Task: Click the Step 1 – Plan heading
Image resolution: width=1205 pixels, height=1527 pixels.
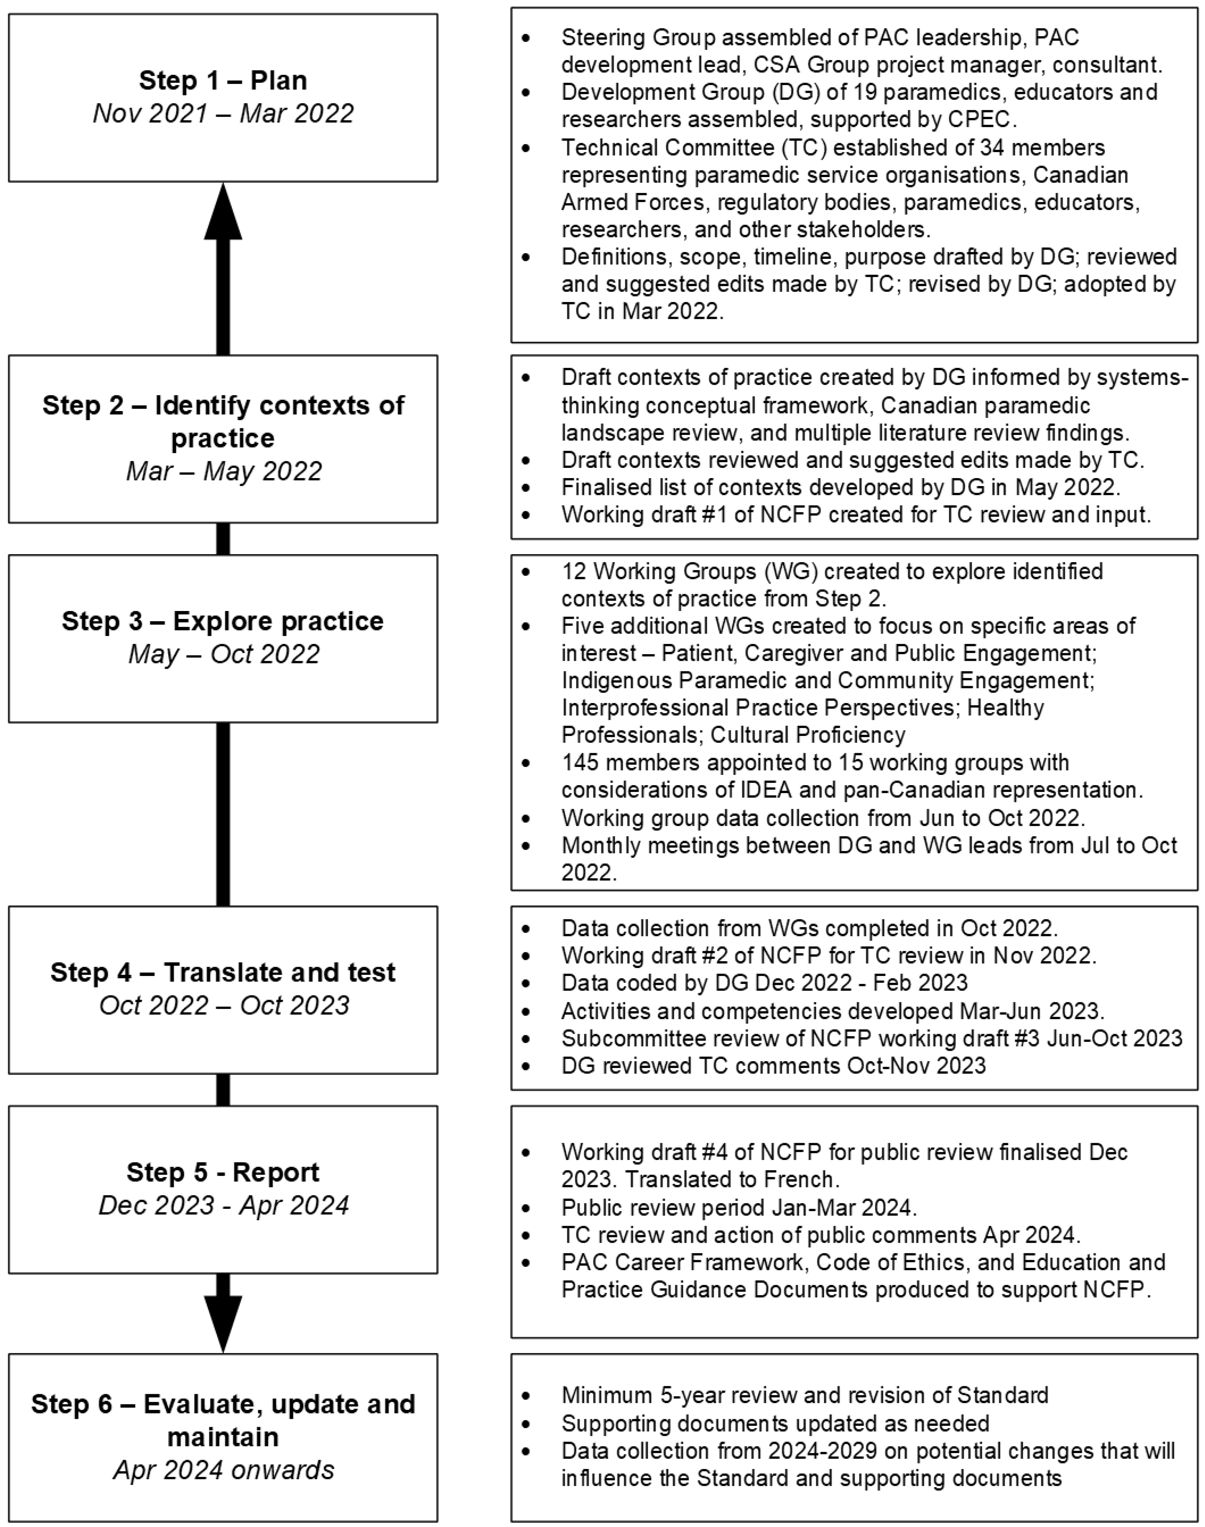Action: (x=223, y=80)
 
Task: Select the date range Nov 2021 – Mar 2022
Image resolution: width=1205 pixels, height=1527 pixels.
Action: (x=223, y=113)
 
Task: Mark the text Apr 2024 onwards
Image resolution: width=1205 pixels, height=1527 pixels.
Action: (x=223, y=1470)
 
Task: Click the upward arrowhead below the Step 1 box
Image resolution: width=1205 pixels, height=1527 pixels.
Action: (x=223, y=212)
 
